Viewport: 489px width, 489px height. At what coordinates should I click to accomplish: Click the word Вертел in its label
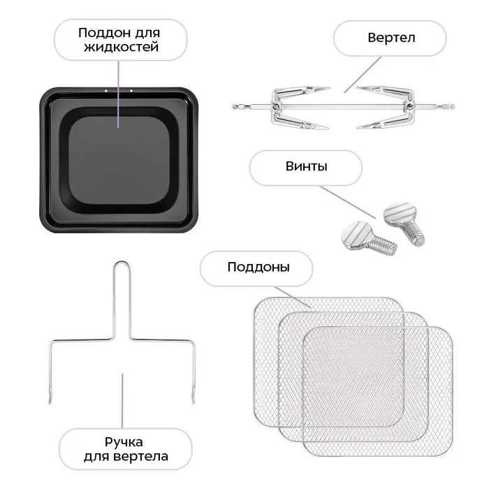tap(391, 38)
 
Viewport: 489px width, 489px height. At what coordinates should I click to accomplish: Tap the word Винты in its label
tap(306, 166)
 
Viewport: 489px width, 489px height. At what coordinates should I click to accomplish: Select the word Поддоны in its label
tap(258, 268)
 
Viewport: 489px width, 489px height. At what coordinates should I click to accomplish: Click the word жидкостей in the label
tap(122, 47)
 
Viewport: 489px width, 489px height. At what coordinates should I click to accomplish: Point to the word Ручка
tap(124, 442)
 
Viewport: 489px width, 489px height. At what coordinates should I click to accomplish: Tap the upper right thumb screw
tap(404, 222)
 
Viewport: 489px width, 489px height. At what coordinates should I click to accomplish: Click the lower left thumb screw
tap(368, 237)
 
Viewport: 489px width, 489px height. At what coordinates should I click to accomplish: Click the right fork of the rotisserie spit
tap(386, 108)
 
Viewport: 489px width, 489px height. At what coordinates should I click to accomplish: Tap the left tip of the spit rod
tap(233, 107)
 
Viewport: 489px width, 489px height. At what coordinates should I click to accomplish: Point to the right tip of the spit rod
tap(453, 107)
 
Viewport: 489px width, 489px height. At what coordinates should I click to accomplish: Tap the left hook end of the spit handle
tap(50, 399)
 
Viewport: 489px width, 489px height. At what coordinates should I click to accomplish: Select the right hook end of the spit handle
tap(194, 399)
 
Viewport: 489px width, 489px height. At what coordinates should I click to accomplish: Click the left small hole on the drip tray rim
tap(106, 91)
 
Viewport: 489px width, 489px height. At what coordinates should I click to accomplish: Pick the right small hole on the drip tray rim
tap(131, 91)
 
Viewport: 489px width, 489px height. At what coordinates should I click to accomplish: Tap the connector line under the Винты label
tap(348, 203)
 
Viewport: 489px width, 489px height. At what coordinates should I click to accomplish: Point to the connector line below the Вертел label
tap(363, 75)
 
